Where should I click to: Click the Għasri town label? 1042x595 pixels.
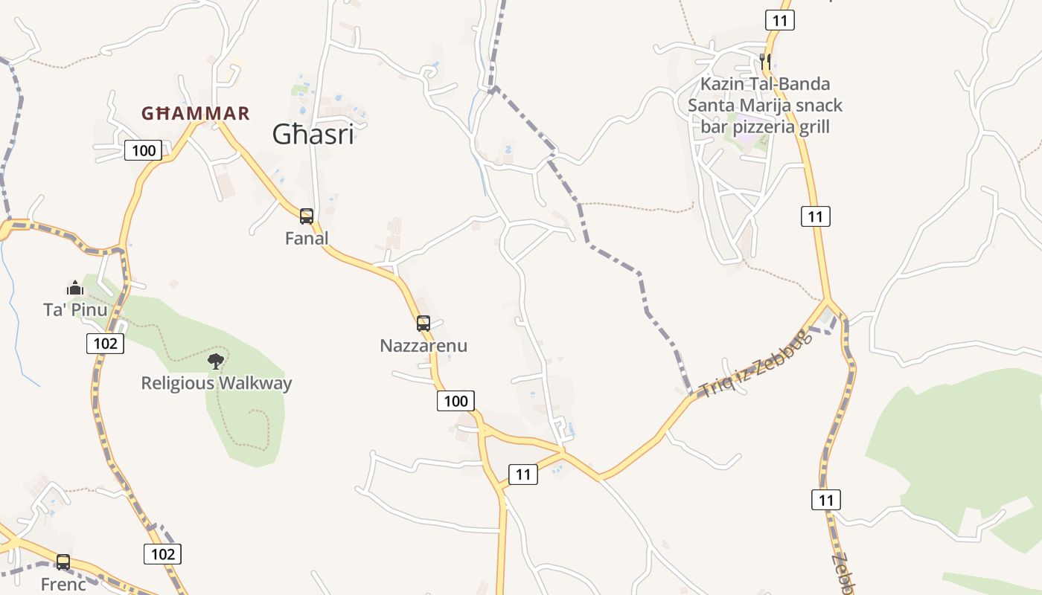point(313,135)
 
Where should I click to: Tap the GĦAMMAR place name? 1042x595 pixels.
point(196,114)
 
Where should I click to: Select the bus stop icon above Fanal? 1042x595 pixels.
point(306,216)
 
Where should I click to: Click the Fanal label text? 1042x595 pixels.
point(307,239)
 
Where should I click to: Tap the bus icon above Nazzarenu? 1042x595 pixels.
point(423,324)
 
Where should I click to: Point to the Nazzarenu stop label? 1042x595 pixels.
point(423,346)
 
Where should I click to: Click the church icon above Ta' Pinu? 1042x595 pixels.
point(75,288)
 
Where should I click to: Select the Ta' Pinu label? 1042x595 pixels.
point(75,309)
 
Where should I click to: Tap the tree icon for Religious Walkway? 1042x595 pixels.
point(216,361)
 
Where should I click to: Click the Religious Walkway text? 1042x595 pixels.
point(217,384)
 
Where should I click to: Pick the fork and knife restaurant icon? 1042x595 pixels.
point(765,61)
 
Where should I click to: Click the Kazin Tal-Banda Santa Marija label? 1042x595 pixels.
point(765,105)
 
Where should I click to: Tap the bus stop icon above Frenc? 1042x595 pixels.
point(63,562)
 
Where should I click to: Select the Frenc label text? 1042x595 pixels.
point(63,585)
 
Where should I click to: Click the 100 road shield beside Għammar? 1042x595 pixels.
point(143,151)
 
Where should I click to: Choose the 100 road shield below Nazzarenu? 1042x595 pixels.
point(456,402)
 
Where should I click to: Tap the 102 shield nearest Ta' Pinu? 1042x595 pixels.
point(106,344)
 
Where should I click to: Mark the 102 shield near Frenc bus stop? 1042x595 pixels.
point(162,554)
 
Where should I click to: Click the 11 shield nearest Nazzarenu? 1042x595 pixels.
point(523,475)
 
